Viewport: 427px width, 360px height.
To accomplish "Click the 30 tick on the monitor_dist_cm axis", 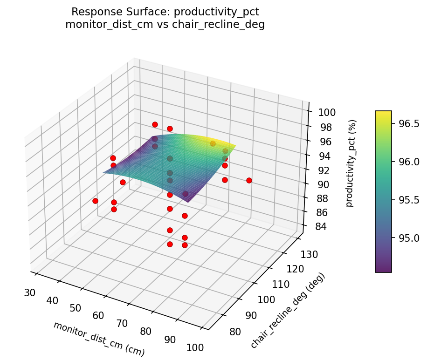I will tap(29, 292).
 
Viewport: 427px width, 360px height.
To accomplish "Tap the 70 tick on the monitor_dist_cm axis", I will tap(122, 323).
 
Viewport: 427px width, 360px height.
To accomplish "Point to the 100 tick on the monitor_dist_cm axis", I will tap(194, 347).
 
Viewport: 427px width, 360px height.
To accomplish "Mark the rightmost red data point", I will tap(249, 180).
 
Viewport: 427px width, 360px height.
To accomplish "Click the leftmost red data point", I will tap(95, 201).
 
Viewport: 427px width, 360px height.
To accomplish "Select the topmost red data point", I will tap(155, 124).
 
